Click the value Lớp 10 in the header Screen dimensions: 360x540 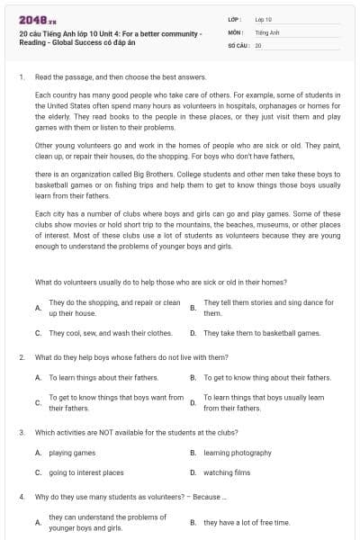(x=263, y=19)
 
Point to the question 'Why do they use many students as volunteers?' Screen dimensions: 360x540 (x=131, y=496)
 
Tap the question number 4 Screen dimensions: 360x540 (x=22, y=496)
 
